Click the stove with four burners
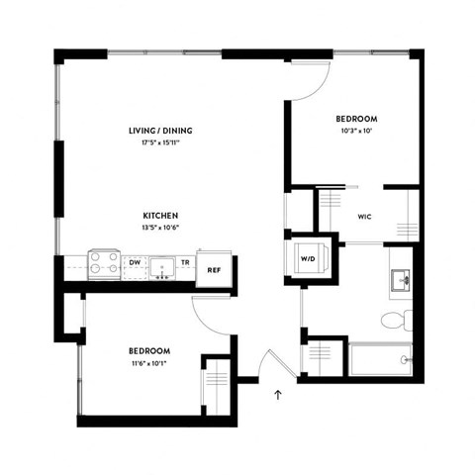(104, 263)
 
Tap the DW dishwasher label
(135, 262)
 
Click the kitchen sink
(161, 265)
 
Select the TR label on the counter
(184, 262)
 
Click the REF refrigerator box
(213, 267)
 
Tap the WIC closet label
(363, 215)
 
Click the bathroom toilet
(395, 318)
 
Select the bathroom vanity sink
(400, 279)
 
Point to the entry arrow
(279, 395)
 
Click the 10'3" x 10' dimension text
(356, 132)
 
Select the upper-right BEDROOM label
(356, 119)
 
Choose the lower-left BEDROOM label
(148, 351)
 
